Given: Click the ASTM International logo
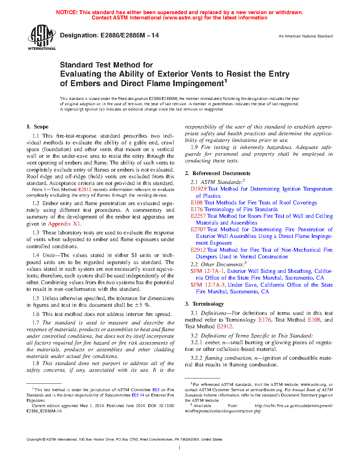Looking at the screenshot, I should [41, 37].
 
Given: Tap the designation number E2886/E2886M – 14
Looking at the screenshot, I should [130, 35].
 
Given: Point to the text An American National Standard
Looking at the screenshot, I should [305, 36].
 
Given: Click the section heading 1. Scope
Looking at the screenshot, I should [37, 127].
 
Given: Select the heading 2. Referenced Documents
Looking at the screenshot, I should [217, 173].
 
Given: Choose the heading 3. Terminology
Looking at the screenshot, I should [204, 304].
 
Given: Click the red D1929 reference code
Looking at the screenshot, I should [198, 189].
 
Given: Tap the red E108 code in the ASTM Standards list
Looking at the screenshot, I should [197, 203].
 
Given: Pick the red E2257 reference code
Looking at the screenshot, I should [198, 216].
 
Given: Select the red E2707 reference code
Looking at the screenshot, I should [198, 229].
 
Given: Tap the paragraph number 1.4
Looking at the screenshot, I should [36, 255].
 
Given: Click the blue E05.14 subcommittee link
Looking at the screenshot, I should [138, 395].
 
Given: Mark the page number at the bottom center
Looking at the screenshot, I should [180, 448].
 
